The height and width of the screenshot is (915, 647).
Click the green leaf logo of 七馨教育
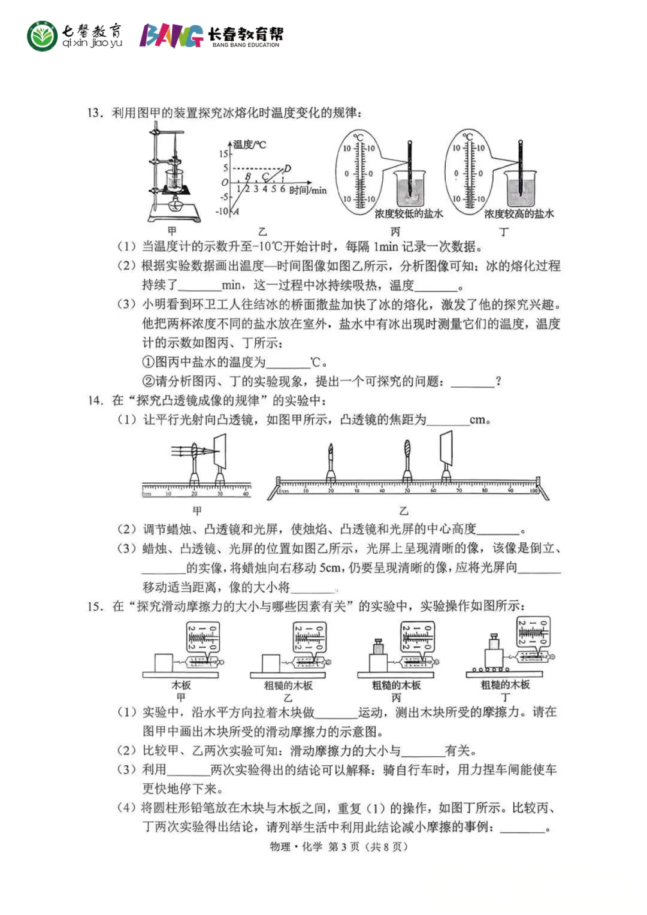[x=42, y=37]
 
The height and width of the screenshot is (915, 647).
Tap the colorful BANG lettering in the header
[x=171, y=36]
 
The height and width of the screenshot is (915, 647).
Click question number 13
[x=95, y=113]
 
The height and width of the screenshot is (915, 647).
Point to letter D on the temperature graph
[x=288, y=168]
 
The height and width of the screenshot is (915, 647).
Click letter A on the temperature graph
[x=236, y=211]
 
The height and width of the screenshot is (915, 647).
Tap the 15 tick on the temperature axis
[x=223, y=154]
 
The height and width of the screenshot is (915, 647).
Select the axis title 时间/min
[x=308, y=191]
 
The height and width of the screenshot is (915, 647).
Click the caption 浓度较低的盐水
[x=409, y=213]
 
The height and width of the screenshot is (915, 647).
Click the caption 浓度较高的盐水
[x=519, y=213]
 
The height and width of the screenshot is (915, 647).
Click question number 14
[x=95, y=400]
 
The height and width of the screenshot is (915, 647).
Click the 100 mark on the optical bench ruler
[x=534, y=491]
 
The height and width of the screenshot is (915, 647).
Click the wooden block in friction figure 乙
[x=271, y=663]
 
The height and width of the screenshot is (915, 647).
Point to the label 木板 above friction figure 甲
[x=181, y=685]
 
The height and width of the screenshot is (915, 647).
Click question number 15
[x=95, y=606]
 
